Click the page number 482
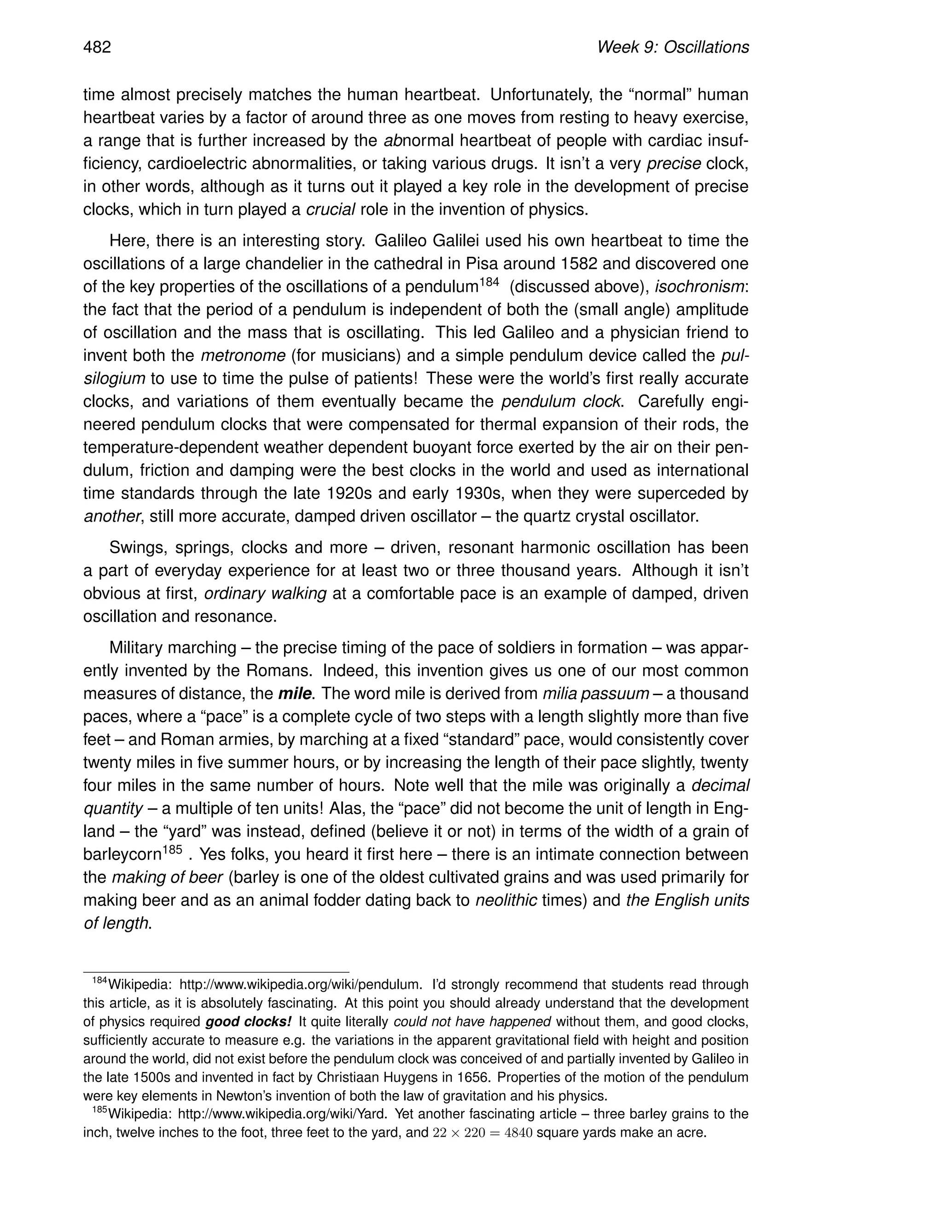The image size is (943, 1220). click(97, 47)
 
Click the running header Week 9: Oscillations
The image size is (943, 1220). click(673, 47)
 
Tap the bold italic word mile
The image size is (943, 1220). click(296, 694)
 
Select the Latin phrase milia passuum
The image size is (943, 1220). click(595, 694)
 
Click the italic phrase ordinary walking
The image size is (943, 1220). click(265, 593)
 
